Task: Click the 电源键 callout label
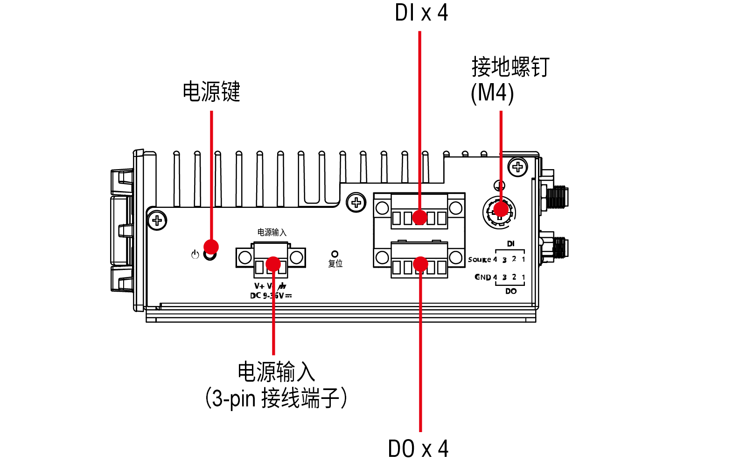[211, 92]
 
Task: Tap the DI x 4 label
[421, 13]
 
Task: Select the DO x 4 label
[418, 448]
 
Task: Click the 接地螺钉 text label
[510, 67]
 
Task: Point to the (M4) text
[492, 92]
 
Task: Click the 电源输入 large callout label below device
[276, 372]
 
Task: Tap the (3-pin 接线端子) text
[276, 398]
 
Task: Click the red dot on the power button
[211, 247]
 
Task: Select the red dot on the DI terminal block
[419, 217]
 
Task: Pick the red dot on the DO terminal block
[420, 264]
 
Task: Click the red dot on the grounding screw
[501, 209]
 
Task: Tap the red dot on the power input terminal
[273, 264]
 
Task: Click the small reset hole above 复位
[335, 254]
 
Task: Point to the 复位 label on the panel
[335, 264]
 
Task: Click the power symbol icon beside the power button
[195, 255]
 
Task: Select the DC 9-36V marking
[271, 296]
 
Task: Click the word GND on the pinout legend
[483, 277]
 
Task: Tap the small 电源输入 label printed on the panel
[272, 232]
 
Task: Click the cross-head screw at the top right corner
[517, 167]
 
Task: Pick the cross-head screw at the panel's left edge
[157, 220]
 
